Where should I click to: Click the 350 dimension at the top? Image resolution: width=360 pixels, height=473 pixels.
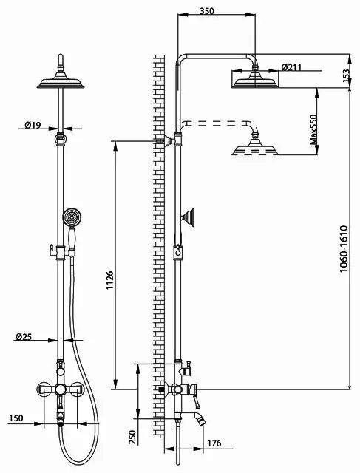tap(207, 11)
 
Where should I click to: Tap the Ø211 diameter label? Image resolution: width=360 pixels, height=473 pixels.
tap(291, 67)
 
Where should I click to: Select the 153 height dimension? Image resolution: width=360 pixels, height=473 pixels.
tap(346, 75)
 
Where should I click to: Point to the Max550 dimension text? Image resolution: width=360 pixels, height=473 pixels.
tap(314, 130)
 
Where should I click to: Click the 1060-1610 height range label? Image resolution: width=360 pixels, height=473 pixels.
tap(344, 248)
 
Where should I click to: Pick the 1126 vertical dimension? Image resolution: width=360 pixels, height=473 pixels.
tap(109, 280)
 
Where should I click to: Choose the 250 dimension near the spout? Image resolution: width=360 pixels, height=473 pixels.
tap(132, 437)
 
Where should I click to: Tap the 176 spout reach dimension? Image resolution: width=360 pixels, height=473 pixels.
tap(214, 443)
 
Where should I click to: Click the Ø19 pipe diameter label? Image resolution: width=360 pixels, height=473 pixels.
tap(33, 125)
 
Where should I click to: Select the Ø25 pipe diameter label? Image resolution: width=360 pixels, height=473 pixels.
tap(24, 337)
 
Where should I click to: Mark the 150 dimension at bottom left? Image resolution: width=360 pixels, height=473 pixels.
tap(16, 418)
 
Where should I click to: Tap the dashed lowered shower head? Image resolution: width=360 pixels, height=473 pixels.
tap(255, 146)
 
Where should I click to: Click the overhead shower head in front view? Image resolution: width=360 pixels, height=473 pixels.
tap(61, 80)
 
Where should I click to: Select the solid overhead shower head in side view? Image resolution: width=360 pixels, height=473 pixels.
tap(255, 79)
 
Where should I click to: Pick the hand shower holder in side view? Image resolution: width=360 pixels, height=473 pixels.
tap(189, 217)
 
